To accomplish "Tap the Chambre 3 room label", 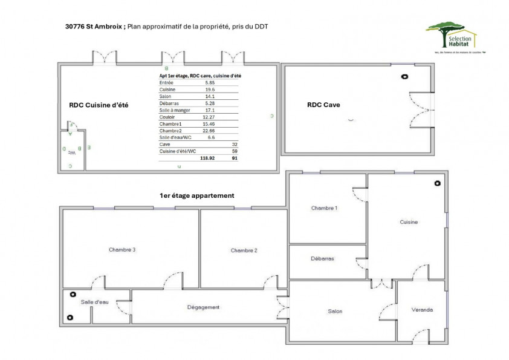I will coord(122,250).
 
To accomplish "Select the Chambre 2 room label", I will coord(244,250).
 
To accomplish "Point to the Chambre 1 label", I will coord(324,208).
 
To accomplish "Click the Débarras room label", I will coord(322,258).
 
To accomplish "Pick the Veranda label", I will coord(422,310).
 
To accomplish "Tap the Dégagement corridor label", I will coord(203,307).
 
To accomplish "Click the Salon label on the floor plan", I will coord(335,312).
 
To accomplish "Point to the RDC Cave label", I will coord(323,105).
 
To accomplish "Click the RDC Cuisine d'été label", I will coord(99,105).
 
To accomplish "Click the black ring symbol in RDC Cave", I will coord(404,76).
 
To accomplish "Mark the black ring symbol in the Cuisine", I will coord(437,183).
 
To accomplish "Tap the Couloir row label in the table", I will coord(167,117).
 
